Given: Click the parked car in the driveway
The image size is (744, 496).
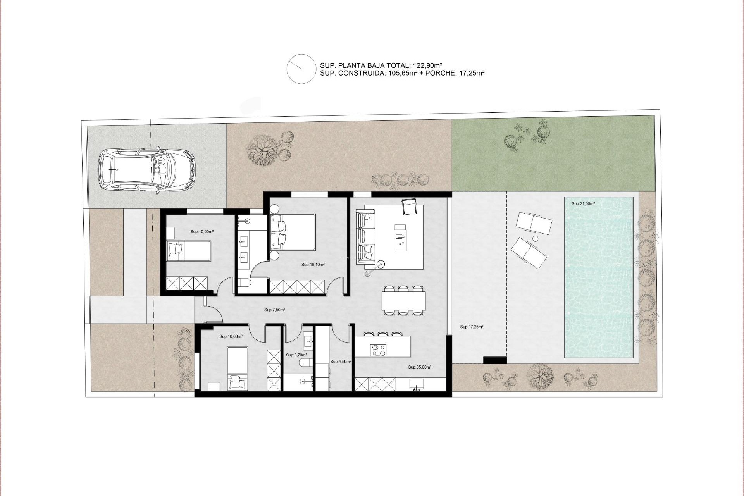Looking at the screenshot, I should pyautogui.click(x=146, y=170).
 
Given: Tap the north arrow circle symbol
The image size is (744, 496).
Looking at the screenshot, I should pyautogui.click(x=301, y=69).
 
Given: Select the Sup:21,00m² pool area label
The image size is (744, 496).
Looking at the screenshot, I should pyautogui.click(x=583, y=204).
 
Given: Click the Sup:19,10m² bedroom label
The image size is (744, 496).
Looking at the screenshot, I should pyautogui.click(x=313, y=265).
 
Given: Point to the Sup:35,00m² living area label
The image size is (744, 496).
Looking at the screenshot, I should pyautogui.click(x=420, y=367).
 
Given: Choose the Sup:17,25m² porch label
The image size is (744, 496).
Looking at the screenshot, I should pyautogui.click(x=472, y=327).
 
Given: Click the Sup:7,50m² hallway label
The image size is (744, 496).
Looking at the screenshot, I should pyautogui.click(x=275, y=310).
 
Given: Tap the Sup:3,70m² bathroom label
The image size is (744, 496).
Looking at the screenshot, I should pyautogui.click(x=296, y=355).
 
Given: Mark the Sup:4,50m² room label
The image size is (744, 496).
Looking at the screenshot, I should pyautogui.click(x=341, y=362).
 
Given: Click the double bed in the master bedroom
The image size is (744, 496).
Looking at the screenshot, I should pyautogui.click(x=293, y=232).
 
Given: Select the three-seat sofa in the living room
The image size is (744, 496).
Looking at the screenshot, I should pyautogui.click(x=366, y=236).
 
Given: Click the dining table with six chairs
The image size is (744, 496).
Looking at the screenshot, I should pyautogui.click(x=403, y=300).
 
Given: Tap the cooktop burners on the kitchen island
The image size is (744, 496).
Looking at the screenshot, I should pyautogui.click(x=379, y=350).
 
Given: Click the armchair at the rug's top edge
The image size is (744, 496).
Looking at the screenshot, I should pyautogui.click(x=409, y=206).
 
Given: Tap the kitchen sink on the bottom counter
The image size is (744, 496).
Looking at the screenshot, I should pyautogui.click(x=417, y=384).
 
